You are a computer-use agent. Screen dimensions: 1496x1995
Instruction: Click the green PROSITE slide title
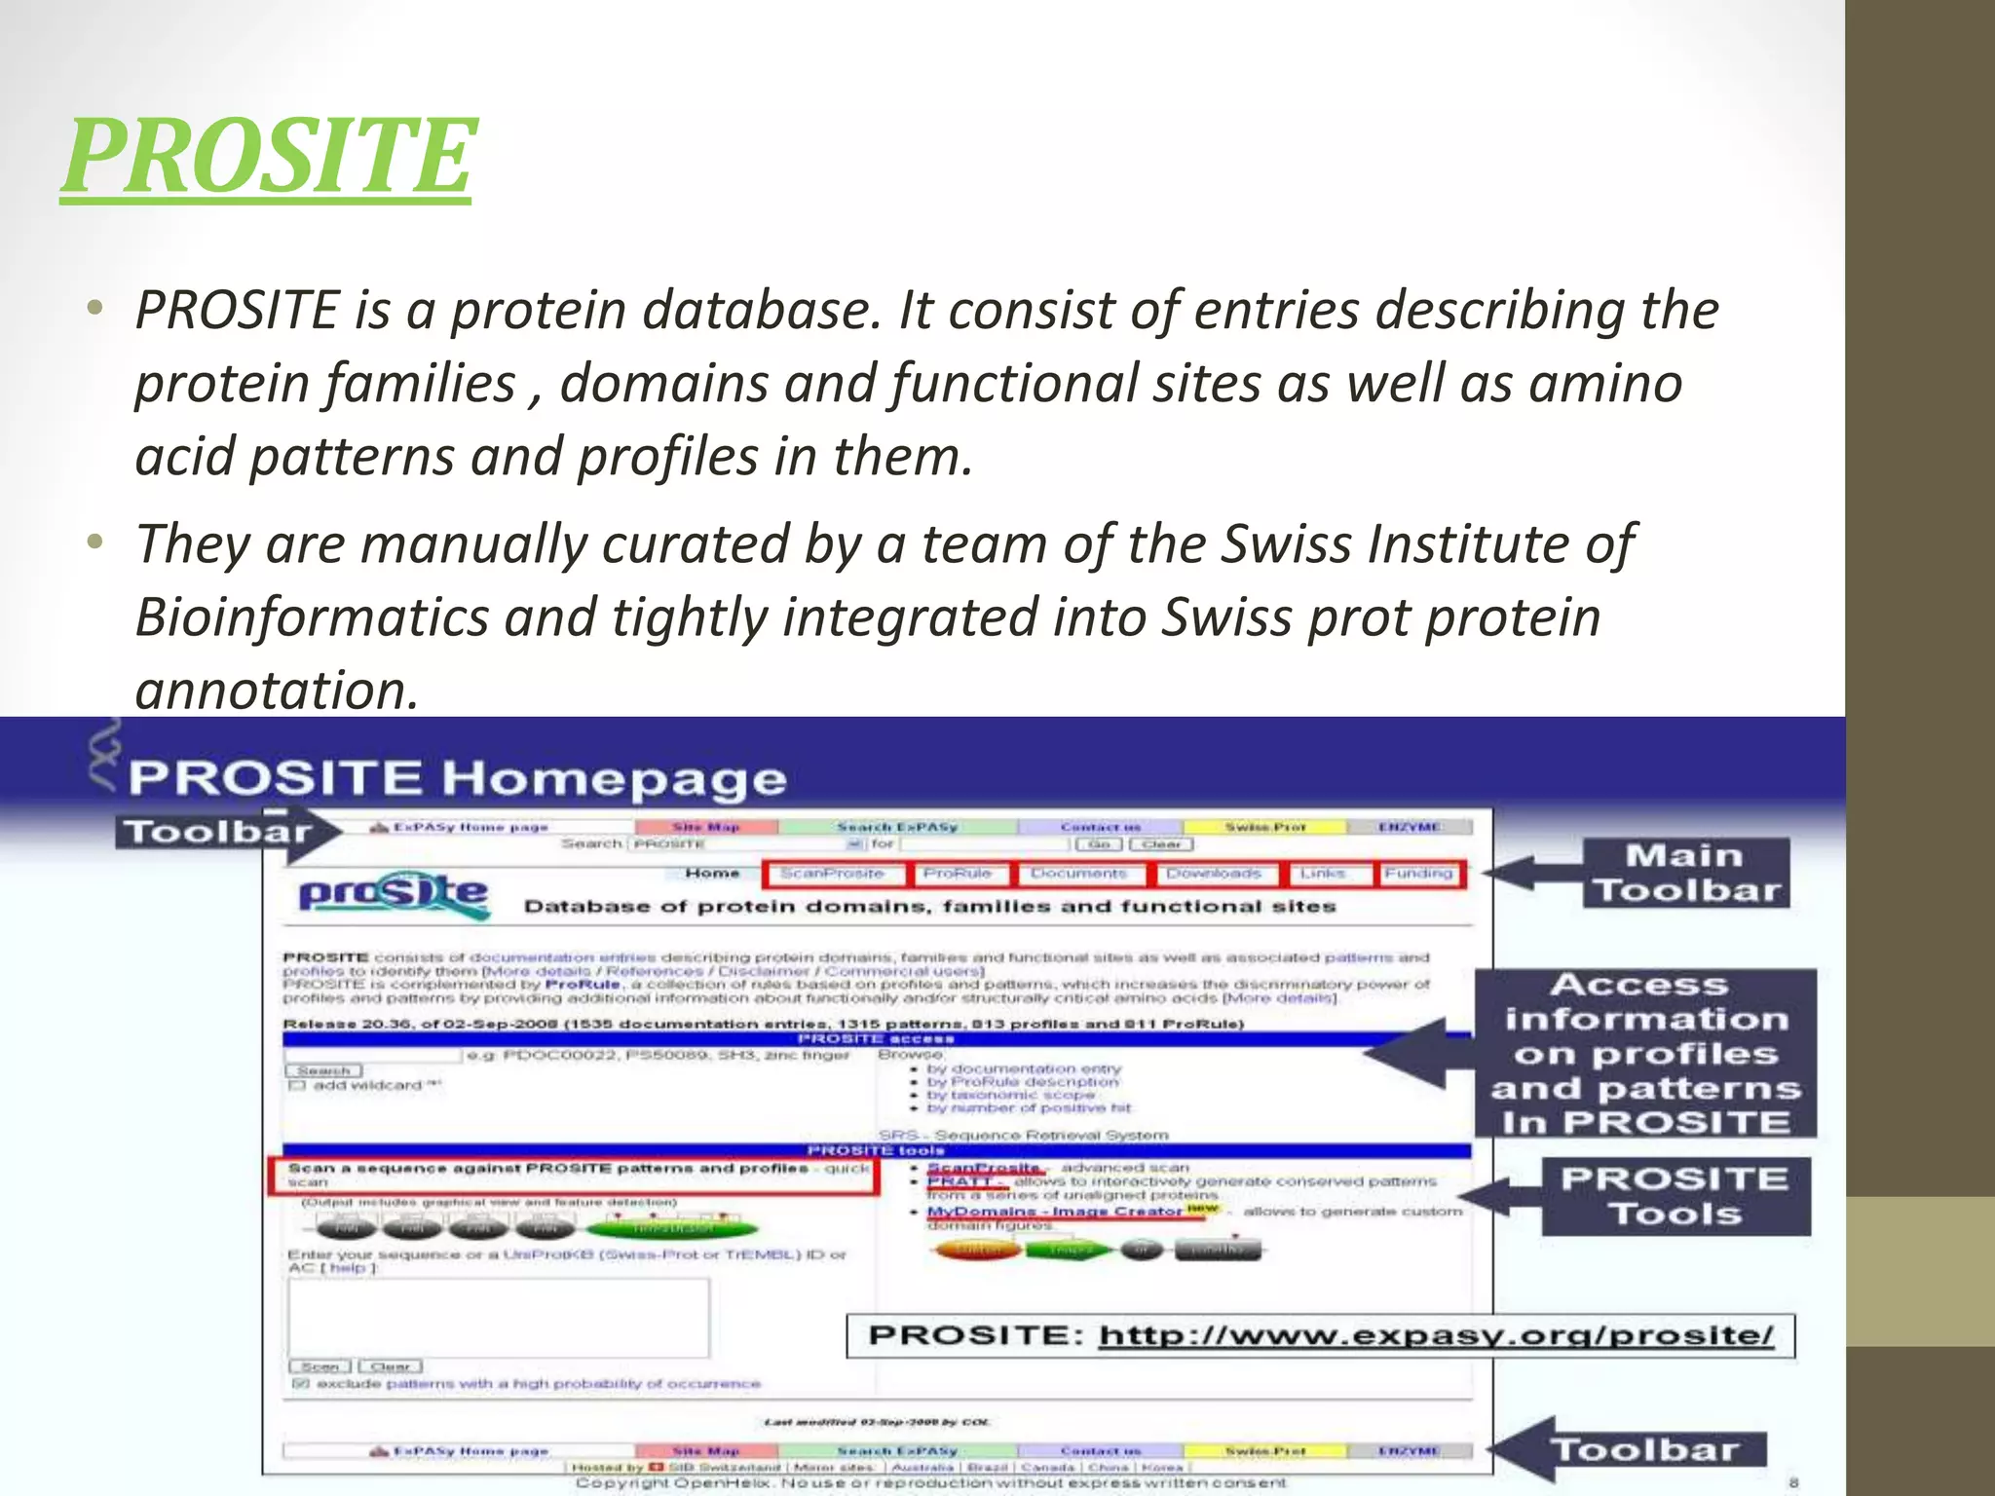[x=267, y=156]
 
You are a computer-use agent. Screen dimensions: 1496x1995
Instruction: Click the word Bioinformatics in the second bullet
[x=312, y=617]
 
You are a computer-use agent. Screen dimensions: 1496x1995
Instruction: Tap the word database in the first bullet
[x=755, y=311]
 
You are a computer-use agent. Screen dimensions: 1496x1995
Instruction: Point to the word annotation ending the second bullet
[x=277, y=691]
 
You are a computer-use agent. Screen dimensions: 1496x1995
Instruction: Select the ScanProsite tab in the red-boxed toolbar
[x=832, y=874]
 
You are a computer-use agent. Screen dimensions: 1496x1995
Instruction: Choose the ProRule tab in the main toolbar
[x=958, y=874]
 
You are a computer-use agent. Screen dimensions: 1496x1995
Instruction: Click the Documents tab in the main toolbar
[x=1078, y=874]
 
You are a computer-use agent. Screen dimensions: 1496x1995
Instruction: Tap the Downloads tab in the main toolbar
[x=1214, y=874]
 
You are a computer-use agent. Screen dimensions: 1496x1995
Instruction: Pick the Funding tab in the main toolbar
[x=1418, y=874]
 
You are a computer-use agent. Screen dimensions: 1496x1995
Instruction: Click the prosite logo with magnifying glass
[x=394, y=893]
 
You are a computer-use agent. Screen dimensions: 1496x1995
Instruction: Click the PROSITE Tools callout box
[x=1675, y=1196]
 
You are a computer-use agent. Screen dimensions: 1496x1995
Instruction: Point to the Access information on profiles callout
[x=1644, y=1053]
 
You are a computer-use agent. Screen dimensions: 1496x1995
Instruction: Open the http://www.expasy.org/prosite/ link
[x=1436, y=1335]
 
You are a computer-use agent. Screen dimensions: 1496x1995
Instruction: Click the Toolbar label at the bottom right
[x=1644, y=1450]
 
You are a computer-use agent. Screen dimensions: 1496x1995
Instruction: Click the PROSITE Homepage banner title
[x=457, y=778]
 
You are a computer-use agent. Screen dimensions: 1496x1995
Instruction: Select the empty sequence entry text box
[x=498, y=1318]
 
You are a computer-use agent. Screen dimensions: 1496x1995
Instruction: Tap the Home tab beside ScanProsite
[x=712, y=874]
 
